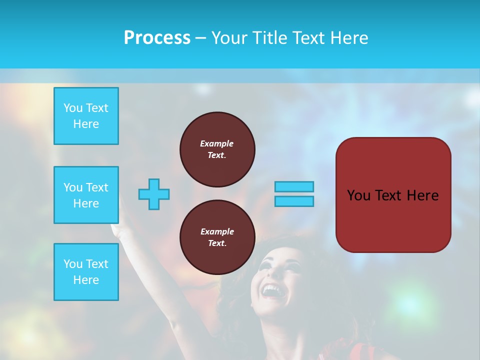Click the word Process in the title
pyautogui.click(x=157, y=38)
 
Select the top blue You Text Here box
pyautogui.click(x=86, y=116)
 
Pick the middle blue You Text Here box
pyautogui.click(x=86, y=195)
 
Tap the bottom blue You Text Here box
pyautogui.click(x=86, y=272)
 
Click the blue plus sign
pyautogui.click(x=154, y=194)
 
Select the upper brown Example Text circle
pyautogui.click(x=217, y=149)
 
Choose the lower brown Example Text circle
pyautogui.click(x=217, y=237)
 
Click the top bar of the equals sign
pyautogui.click(x=294, y=186)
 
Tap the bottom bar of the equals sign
pyautogui.click(x=294, y=201)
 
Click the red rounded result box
pyautogui.click(x=393, y=195)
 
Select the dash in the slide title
pyautogui.click(x=200, y=38)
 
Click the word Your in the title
pyautogui.click(x=228, y=38)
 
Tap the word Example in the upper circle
pyautogui.click(x=217, y=143)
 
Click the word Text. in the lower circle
pyautogui.click(x=217, y=243)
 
